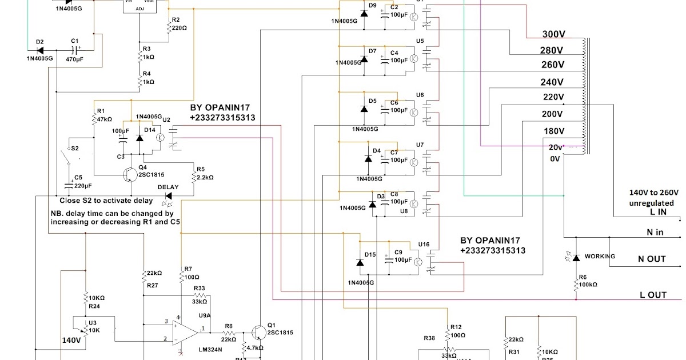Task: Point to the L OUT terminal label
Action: click(653, 295)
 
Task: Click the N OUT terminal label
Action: click(652, 259)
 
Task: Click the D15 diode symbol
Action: click(360, 262)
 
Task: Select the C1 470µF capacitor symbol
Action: click(74, 49)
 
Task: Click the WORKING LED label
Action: click(600, 256)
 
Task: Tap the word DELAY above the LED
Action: click(168, 187)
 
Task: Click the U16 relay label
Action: click(424, 244)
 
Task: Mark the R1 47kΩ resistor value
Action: click(104, 119)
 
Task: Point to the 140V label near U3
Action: click(71, 340)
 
